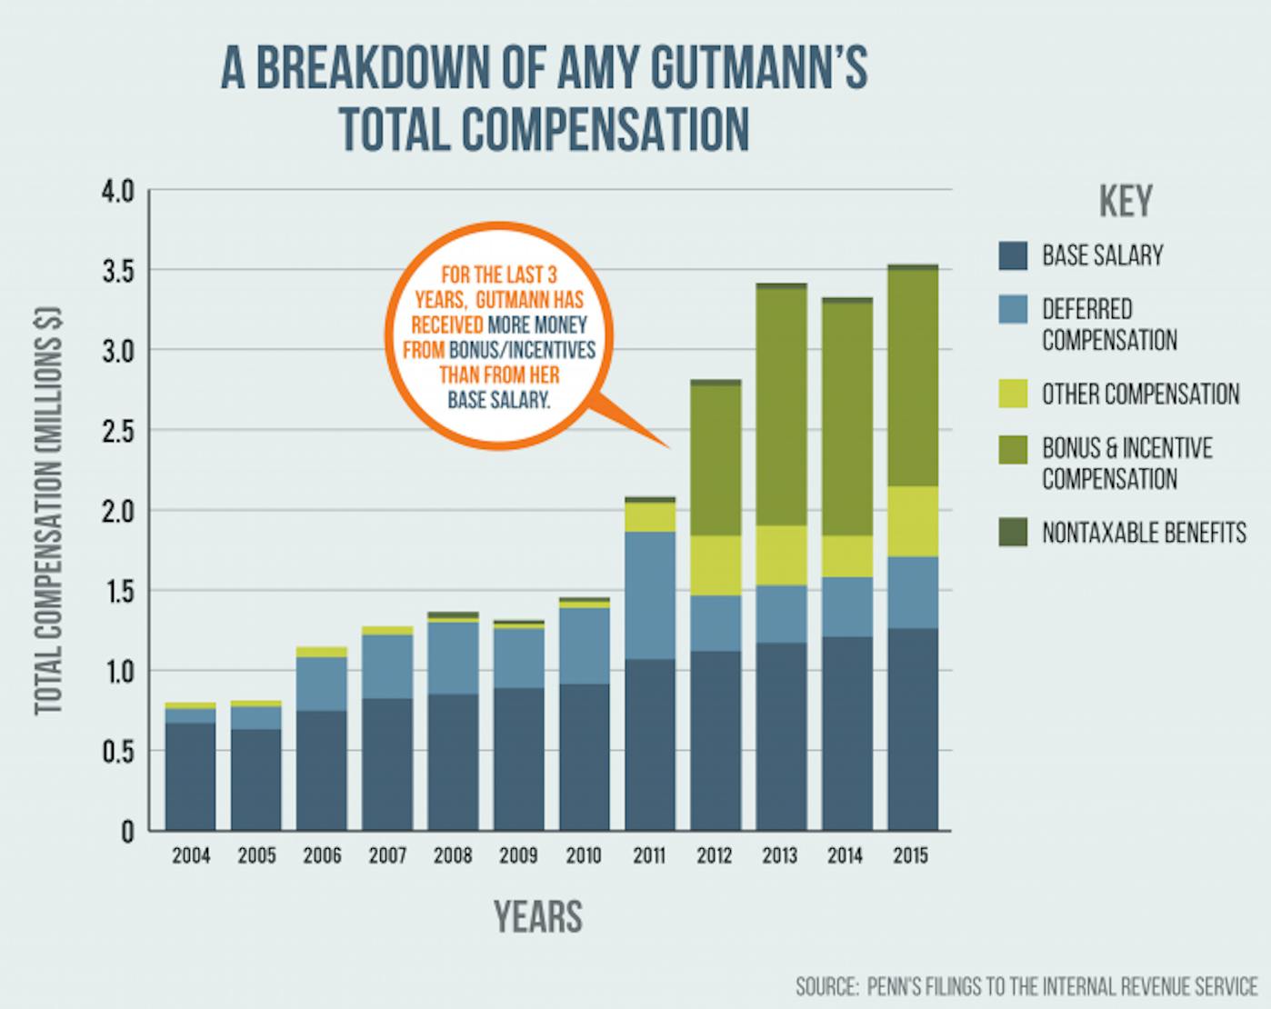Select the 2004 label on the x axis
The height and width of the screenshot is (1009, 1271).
point(191,856)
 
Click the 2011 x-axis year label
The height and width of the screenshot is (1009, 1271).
point(648,856)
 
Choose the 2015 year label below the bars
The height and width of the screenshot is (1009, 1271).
point(910,856)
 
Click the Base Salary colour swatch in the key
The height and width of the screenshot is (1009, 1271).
point(1013,255)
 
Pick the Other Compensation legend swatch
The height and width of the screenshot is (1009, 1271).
point(1013,394)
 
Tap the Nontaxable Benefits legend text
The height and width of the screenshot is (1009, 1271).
point(1144,533)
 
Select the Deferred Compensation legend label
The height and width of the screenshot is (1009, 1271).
point(1109,325)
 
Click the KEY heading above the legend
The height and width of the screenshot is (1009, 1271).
point(1126,202)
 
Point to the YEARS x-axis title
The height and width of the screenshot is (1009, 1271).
point(538,916)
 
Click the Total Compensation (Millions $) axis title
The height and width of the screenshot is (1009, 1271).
point(49,511)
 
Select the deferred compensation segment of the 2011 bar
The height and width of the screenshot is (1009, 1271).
point(649,595)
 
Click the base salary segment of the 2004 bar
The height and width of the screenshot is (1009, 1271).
point(191,777)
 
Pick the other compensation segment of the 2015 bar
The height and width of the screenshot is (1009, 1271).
point(912,522)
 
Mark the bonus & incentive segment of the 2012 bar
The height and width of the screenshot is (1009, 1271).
point(715,460)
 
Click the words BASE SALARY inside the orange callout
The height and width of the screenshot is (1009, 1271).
point(498,399)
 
